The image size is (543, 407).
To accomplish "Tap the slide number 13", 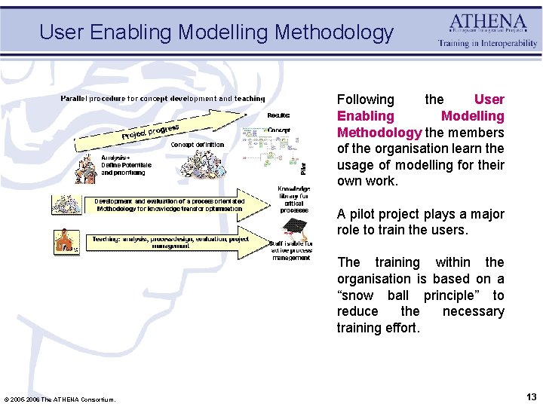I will point(531,397).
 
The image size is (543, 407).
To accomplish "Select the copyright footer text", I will point(60,399).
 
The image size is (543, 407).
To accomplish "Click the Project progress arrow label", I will point(155,130).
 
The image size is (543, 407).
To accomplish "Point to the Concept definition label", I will point(198,145).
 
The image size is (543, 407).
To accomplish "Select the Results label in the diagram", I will point(278,115).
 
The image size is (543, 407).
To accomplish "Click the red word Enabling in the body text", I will point(365,116).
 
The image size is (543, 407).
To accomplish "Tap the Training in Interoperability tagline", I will point(488,44).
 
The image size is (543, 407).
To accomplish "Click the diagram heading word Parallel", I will point(76,98).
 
